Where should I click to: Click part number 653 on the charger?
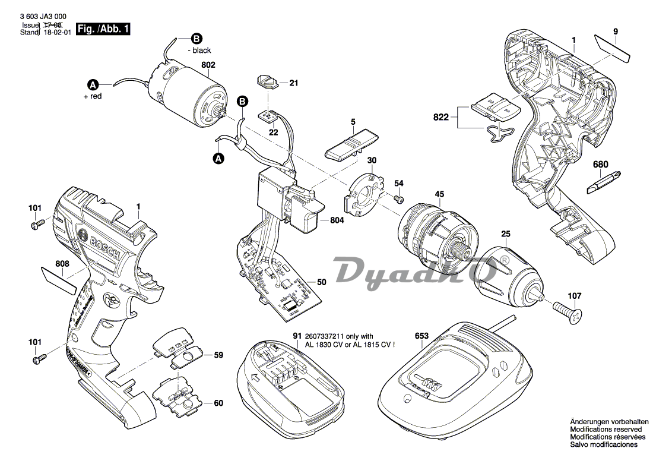coord(421,336)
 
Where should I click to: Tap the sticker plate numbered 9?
coord(613,47)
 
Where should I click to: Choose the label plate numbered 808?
coord(58,279)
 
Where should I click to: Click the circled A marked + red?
coord(93,83)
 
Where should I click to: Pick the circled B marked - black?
coord(195,38)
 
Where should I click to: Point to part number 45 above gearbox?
coord(439,194)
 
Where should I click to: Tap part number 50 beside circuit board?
coord(321,282)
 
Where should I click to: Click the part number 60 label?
coord(218,403)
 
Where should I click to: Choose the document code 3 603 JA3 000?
coord(43,17)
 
